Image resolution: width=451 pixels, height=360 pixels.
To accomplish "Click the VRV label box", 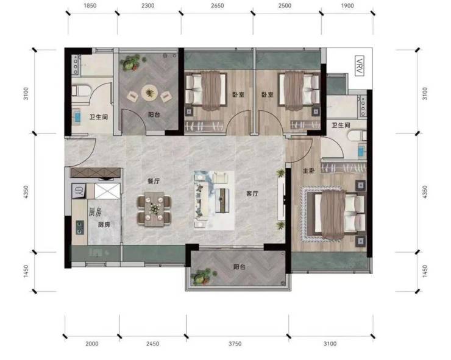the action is (360, 66).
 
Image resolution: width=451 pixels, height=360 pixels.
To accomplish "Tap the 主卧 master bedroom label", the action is (308, 171).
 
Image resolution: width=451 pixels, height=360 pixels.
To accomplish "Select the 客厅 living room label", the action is (252, 194).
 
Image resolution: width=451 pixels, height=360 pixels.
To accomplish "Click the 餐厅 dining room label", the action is (154, 181).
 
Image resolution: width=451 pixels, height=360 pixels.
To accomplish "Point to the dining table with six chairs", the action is (154, 209).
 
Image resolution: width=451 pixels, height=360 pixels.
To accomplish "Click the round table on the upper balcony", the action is (149, 93).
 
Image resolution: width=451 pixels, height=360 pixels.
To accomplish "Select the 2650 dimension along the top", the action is (217, 5).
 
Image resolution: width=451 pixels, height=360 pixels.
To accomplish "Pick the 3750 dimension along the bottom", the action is (235, 344).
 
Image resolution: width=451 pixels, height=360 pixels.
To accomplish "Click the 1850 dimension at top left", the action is (90, 5).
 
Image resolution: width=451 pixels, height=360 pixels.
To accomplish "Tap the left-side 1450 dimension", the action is (26, 271).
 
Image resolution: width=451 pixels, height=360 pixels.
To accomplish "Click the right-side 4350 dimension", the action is (425, 192).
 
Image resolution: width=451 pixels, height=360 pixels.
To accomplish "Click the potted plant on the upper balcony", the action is (131, 63).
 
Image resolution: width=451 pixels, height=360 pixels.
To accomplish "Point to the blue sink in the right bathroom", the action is (361, 151).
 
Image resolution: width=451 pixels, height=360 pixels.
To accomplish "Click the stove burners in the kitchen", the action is (80, 227).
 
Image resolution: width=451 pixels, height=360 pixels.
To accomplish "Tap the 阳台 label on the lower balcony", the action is (240, 267).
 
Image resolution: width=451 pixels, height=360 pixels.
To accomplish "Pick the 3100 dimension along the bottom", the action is (330, 344).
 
